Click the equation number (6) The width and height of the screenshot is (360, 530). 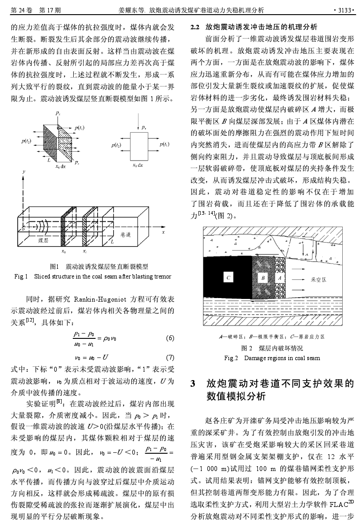169,338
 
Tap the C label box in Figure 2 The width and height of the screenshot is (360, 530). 228,278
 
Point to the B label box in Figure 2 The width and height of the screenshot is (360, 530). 263,278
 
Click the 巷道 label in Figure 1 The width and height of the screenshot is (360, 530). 126,234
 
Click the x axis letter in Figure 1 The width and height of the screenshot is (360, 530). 163,232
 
